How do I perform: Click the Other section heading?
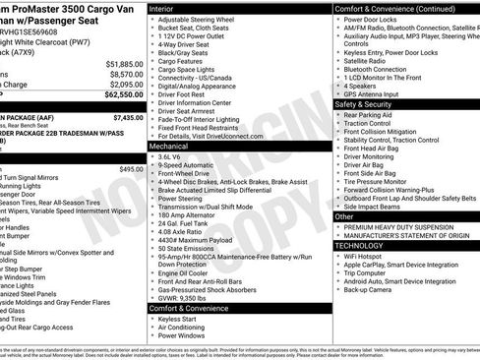[x=344, y=216]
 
